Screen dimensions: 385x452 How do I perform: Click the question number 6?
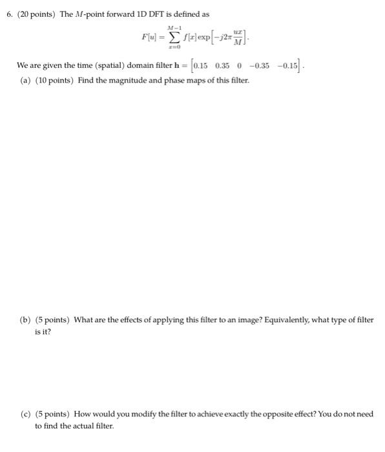[x=8, y=14]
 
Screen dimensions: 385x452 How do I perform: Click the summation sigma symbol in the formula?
[x=172, y=36]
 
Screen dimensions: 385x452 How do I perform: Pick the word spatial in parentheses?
[x=126, y=66]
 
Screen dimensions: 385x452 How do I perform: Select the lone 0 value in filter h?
[x=238, y=66]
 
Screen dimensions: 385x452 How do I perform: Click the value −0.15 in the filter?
[x=287, y=66]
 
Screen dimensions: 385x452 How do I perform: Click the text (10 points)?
[x=55, y=80]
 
